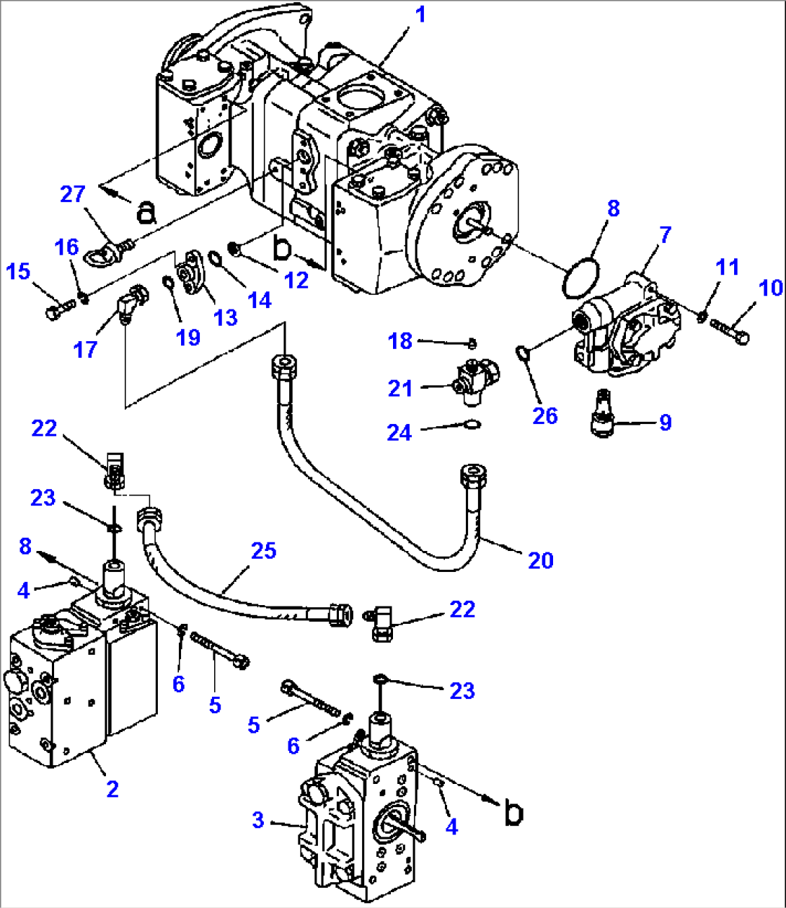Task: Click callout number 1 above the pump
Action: tap(419, 14)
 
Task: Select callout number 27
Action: tap(73, 194)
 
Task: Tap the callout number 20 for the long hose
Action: tap(540, 560)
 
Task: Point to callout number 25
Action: tap(263, 551)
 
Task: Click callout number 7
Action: tap(664, 234)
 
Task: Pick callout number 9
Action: tap(665, 422)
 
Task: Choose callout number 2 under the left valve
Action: tap(112, 788)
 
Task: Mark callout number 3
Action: tap(258, 820)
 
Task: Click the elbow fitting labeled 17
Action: tap(131, 303)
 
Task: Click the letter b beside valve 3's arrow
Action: tap(513, 813)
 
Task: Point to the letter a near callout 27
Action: tap(146, 211)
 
